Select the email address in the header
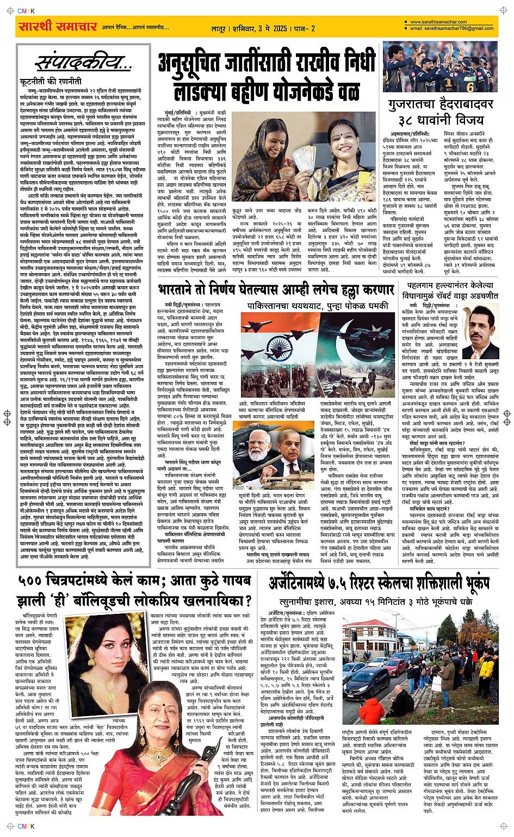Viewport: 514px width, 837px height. (451, 28)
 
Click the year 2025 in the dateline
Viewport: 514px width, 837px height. (280, 28)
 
